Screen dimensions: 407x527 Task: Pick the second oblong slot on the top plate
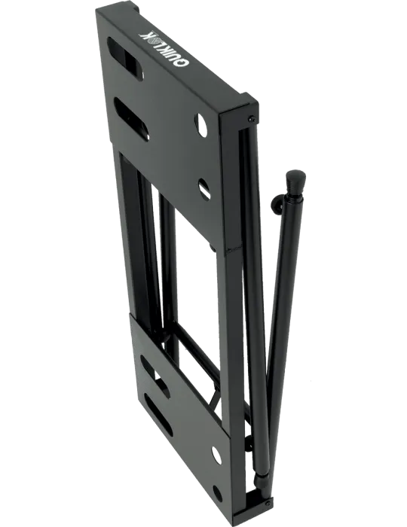pyautogui.click(x=130, y=120)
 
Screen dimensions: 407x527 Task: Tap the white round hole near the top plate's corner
pyautogui.click(x=202, y=125)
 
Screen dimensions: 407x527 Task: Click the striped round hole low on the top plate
pyautogui.click(x=204, y=188)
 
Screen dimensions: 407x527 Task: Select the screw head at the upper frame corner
pyautogui.click(x=251, y=119)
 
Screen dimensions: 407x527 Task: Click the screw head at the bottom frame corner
pyautogui.click(x=268, y=503)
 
